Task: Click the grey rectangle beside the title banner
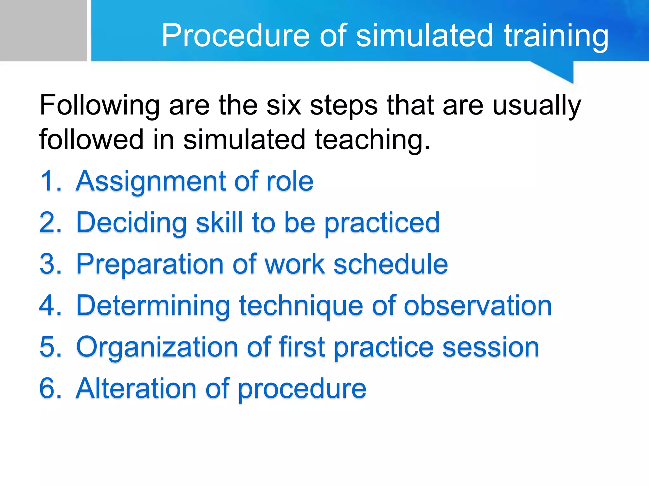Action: (x=43, y=30)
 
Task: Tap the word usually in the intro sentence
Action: (x=537, y=106)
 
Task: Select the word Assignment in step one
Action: (x=151, y=182)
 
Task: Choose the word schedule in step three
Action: (x=390, y=264)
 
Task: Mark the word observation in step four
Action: (x=478, y=306)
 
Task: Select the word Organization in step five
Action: (x=157, y=347)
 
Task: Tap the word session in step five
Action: (x=490, y=347)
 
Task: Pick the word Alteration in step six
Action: (x=136, y=388)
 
